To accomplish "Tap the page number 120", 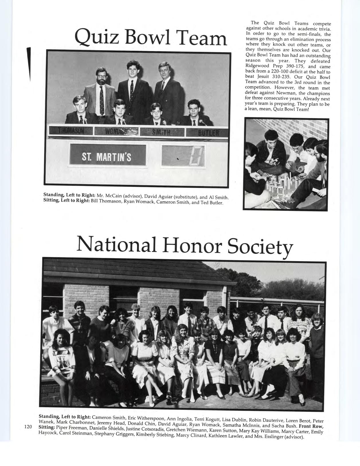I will pyautogui.click(x=28, y=427).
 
